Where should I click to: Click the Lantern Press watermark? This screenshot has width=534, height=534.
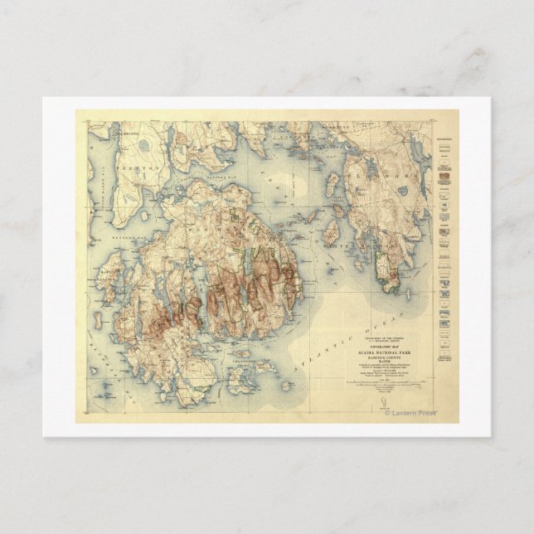click(411, 412)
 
